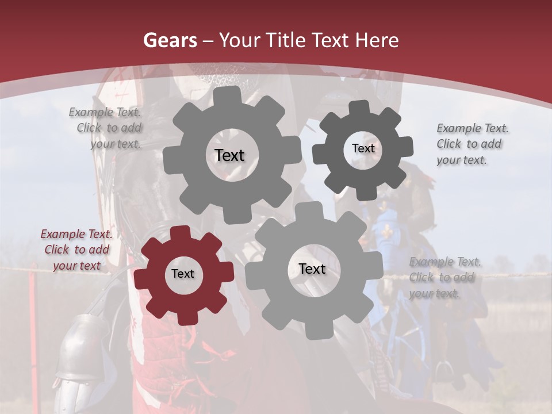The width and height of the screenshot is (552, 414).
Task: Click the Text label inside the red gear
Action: (183, 274)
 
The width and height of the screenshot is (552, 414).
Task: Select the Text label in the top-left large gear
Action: (229, 155)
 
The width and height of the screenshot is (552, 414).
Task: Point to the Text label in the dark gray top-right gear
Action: (363, 148)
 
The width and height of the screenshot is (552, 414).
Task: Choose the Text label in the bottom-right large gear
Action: (312, 269)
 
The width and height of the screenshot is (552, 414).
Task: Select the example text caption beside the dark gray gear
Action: (471, 144)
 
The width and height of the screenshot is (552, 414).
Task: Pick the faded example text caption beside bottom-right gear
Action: (444, 278)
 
